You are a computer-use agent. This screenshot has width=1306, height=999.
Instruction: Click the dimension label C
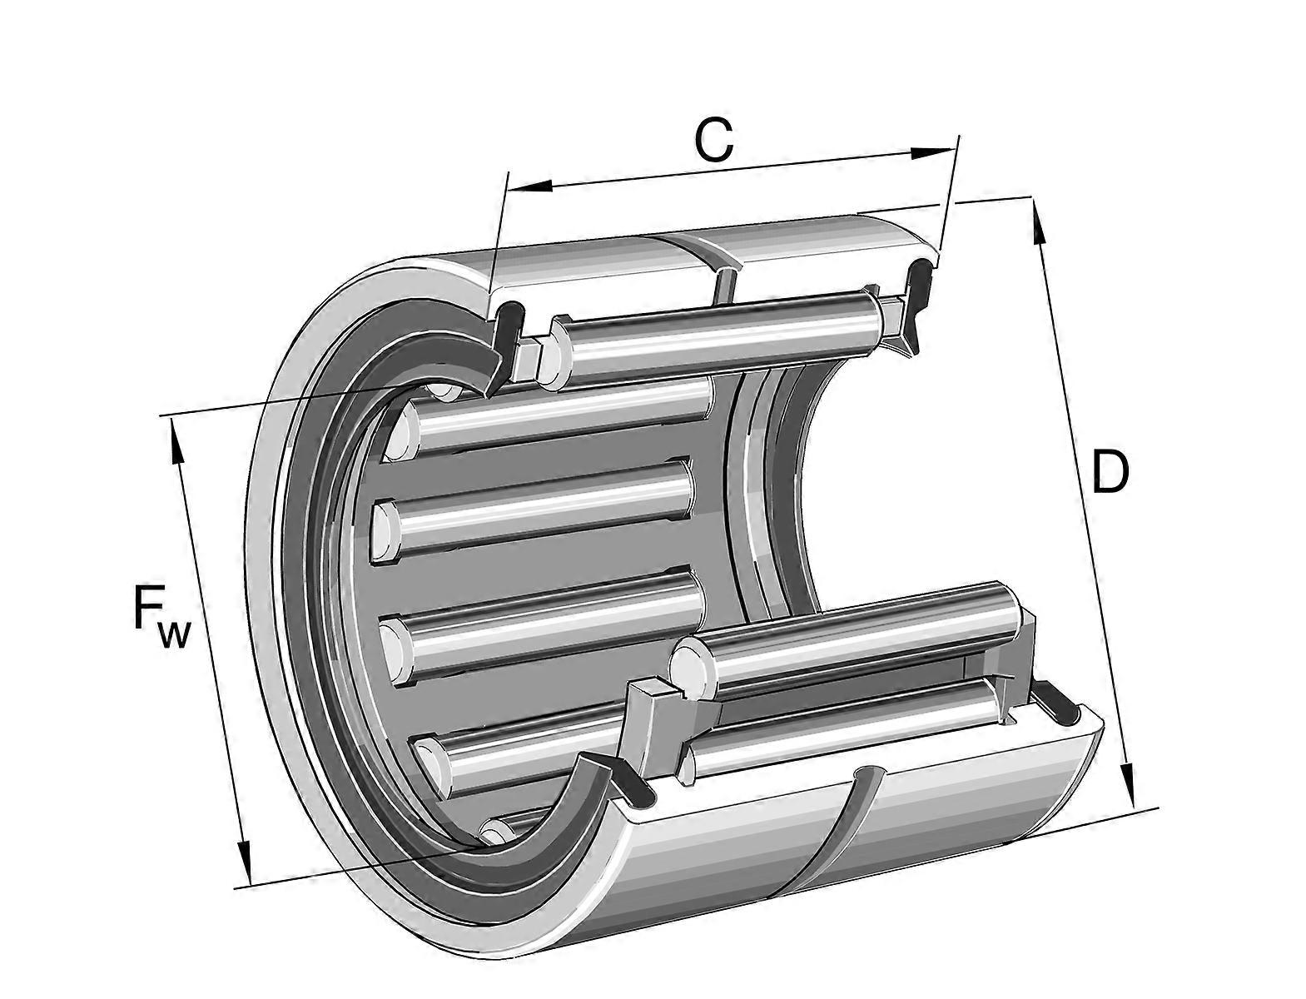tap(714, 140)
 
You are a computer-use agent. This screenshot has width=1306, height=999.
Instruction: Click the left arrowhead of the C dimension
tap(530, 186)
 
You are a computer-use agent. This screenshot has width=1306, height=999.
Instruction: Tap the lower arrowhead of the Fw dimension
tap(244, 862)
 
